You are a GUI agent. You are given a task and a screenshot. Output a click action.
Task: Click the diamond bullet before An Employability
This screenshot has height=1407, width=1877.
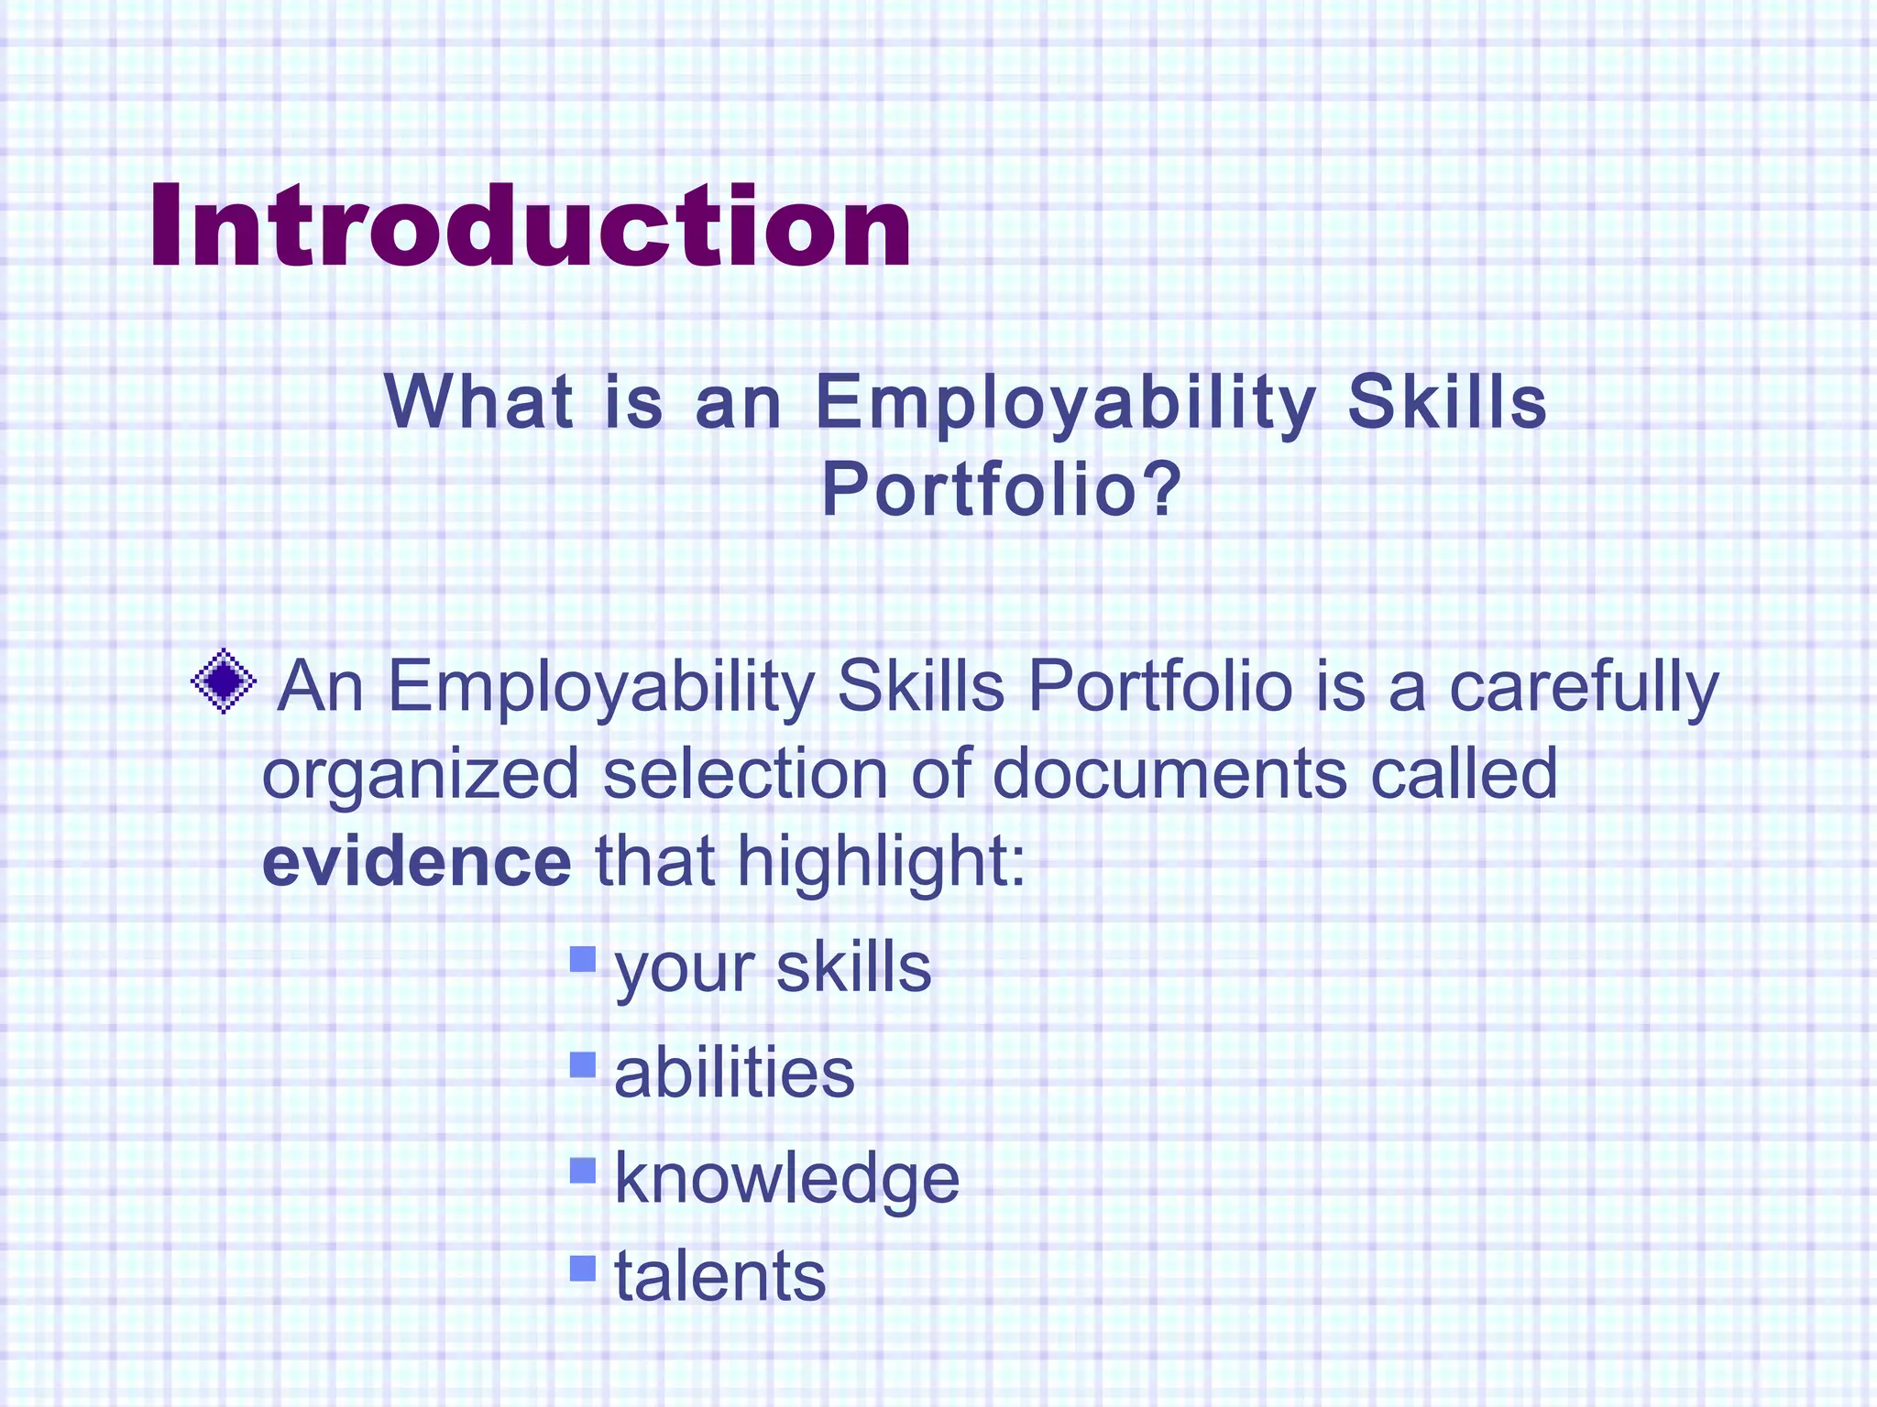click(x=224, y=681)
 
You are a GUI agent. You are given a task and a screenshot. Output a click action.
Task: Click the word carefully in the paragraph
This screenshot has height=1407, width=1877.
click(x=1583, y=687)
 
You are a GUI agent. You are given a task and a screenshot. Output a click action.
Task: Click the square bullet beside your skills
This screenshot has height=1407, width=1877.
click(x=582, y=959)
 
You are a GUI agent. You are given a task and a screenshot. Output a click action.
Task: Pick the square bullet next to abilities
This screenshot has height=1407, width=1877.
click(x=582, y=1064)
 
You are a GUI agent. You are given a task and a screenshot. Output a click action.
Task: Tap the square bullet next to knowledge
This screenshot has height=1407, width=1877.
click(x=582, y=1170)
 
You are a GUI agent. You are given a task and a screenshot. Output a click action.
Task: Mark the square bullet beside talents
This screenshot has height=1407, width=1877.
click(x=582, y=1268)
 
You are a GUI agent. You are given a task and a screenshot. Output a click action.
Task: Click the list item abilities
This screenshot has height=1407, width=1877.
click(x=734, y=1073)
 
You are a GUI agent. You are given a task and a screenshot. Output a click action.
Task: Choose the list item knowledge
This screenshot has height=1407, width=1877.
click(x=786, y=1180)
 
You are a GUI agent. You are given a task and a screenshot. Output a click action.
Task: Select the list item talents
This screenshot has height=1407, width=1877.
click(x=719, y=1277)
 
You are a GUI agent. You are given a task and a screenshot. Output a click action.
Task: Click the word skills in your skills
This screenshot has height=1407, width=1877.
click(x=853, y=967)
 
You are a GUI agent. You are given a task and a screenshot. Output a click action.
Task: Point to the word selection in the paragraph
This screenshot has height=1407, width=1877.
click(x=745, y=772)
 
